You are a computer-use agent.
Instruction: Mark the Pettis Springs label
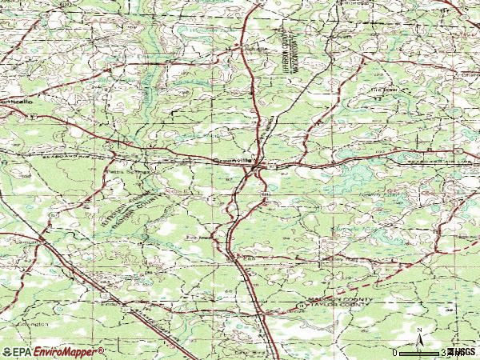(x=118, y=170)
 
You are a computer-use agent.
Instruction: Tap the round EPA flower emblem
(x=7, y=351)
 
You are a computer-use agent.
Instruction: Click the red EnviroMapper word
(x=69, y=351)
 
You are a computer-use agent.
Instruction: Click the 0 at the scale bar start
(x=395, y=352)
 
